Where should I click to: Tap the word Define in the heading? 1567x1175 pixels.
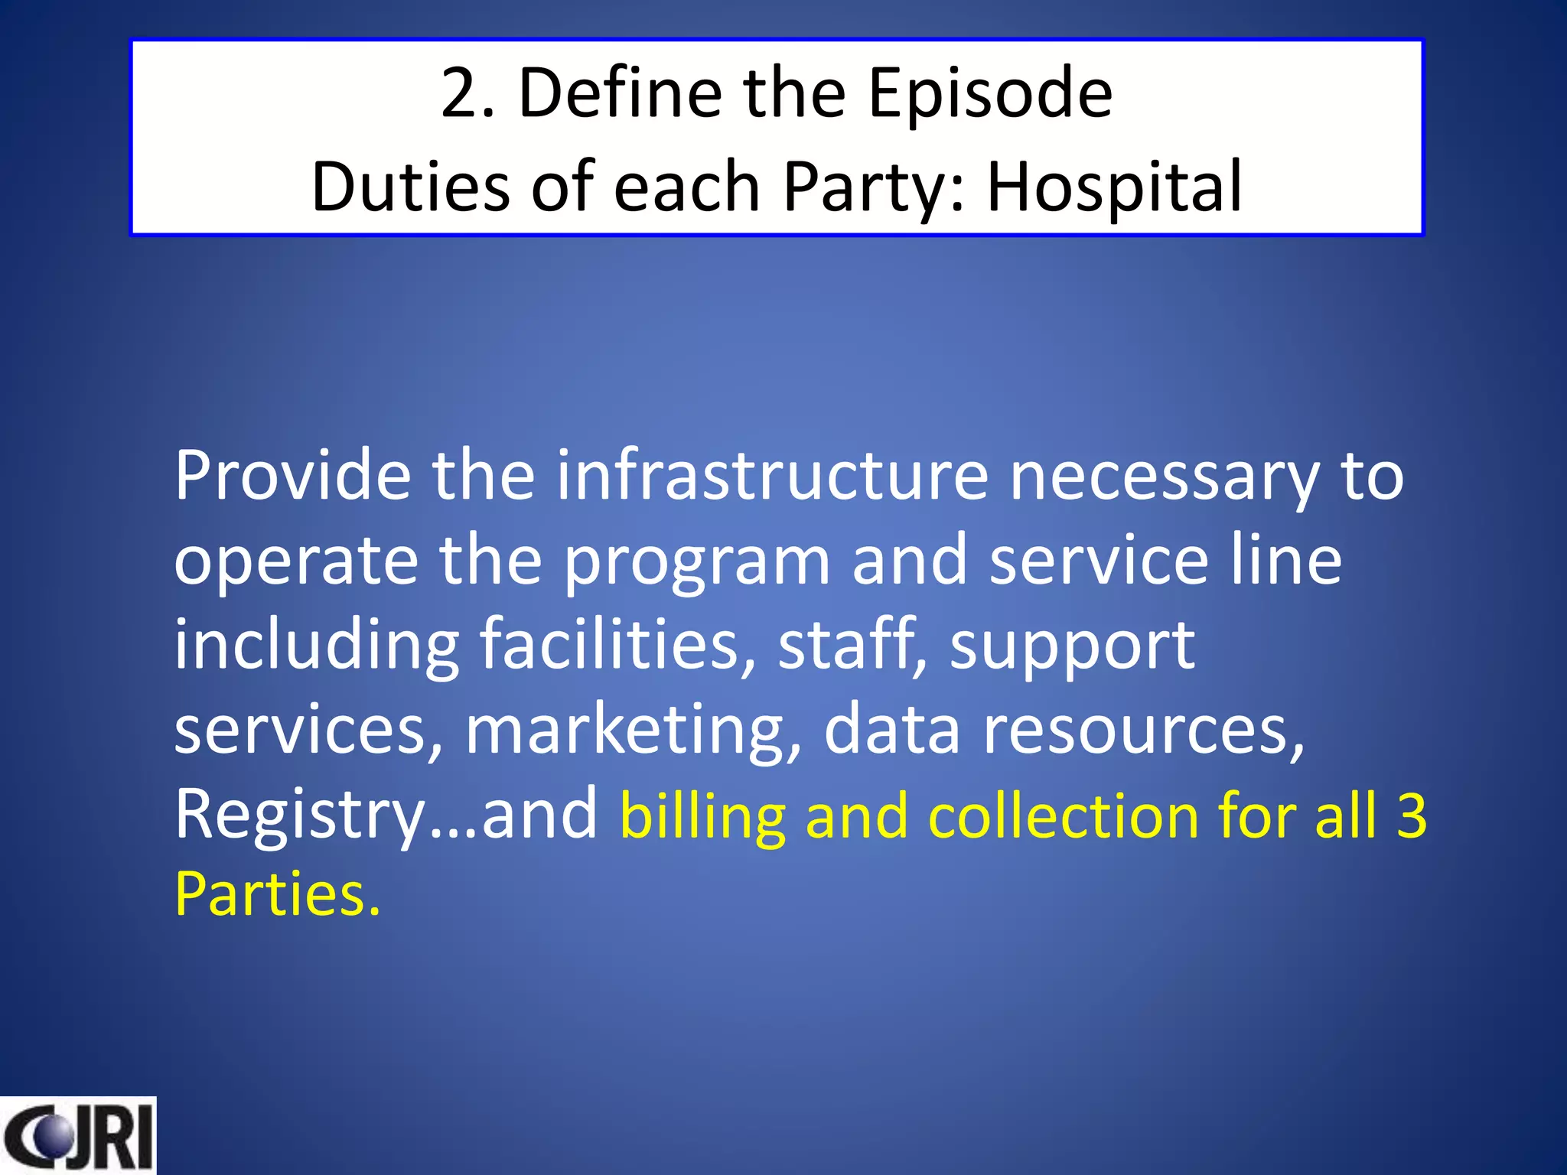[620, 93]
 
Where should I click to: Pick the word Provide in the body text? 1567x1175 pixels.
[292, 475]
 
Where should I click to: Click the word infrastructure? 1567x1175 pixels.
[772, 475]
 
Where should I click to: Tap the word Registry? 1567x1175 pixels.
[299, 815]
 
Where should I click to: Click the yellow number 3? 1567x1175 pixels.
[1412, 815]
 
